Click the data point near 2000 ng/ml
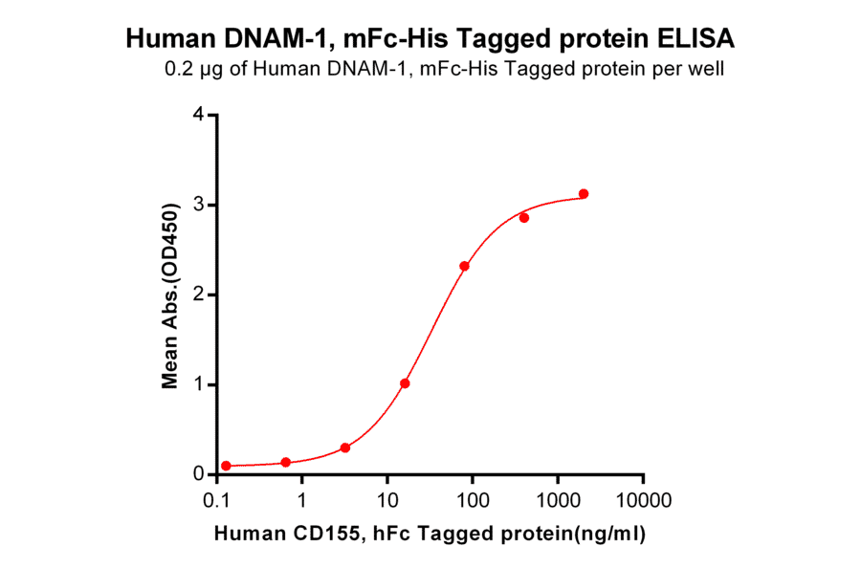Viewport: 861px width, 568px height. [x=584, y=194]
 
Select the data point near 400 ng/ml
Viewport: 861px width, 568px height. [x=524, y=218]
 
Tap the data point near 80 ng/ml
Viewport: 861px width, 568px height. [x=464, y=266]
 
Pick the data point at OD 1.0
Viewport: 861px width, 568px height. [x=405, y=383]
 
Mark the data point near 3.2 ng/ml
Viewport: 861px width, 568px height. [x=344, y=448]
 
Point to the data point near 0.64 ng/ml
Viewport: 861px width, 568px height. [x=285, y=462]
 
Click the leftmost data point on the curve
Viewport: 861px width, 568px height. [x=226, y=466]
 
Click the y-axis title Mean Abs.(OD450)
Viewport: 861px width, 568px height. [x=171, y=295]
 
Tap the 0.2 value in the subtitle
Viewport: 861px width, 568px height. [x=177, y=69]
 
